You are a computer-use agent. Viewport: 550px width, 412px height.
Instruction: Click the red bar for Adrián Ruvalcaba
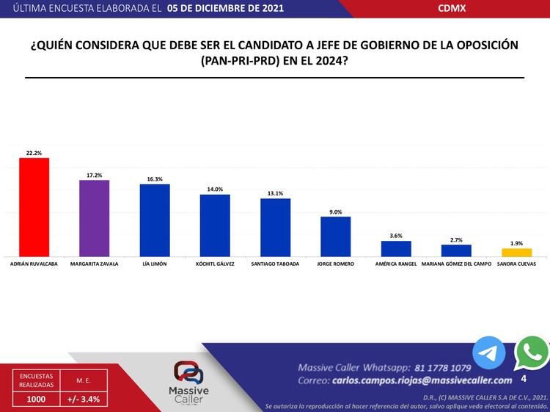pyautogui.click(x=34, y=207)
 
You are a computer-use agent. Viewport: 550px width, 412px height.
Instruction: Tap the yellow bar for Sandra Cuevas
pyautogui.click(x=516, y=252)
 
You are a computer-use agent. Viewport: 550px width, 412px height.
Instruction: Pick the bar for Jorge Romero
pyautogui.click(x=335, y=236)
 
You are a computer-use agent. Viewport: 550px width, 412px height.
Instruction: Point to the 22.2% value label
pyautogui.click(x=34, y=153)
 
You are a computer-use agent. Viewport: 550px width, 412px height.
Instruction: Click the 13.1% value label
pyautogui.click(x=275, y=194)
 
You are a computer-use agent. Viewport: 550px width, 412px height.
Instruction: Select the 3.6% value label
pyautogui.click(x=395, y=236)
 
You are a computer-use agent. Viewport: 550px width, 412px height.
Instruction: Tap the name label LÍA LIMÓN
pyautogui.click(x=154, y=262)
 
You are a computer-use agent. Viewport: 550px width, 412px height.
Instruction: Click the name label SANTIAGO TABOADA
pyautogui.click(x=275, y=262)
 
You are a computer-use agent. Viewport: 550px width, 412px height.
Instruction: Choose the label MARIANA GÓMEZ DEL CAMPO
pyautogui.click(x=456, y=262)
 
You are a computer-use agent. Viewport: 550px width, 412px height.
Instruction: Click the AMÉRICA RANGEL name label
pyautogui.click(x=395, y=262)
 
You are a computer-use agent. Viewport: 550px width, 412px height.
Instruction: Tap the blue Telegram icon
pyautogui.click(x=488, y=353)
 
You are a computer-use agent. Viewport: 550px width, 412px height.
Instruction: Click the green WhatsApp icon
pyautogui.click(x=532, y=353)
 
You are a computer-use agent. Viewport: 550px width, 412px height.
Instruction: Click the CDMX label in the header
pyautogui.click(x=451, y=8)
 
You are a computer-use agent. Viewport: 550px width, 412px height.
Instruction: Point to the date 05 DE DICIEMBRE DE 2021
pyautogui.click(x=224, y=8)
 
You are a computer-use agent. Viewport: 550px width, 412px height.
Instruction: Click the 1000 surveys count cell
pyautogui.click(x=37, y=399)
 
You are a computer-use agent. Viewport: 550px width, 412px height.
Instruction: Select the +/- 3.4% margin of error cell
pyautogui.click(x=83, y=399)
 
